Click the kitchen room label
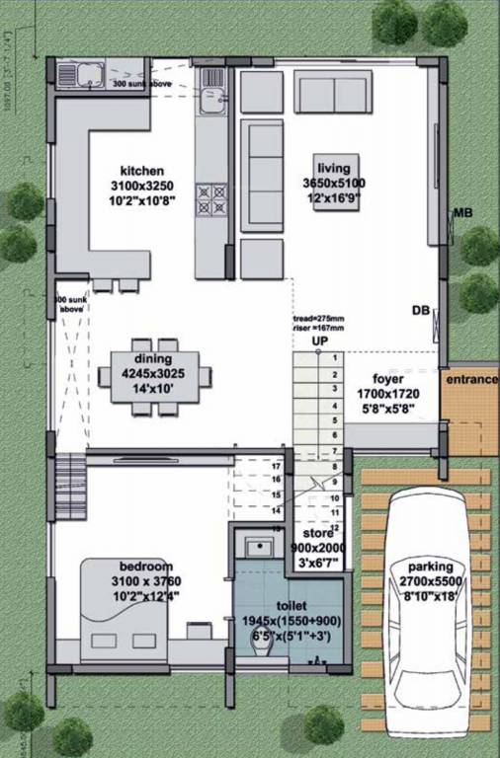[x=142, y=171]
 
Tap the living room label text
[x=333, y=168]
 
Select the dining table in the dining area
[x=154, y=376]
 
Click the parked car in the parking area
[x=428, y=602]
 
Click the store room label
[x=317, y=536]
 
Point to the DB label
[x=420, y=311]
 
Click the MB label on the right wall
[x=462, y=212]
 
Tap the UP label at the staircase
[x=319, y=342]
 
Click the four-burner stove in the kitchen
[x=210, y=198]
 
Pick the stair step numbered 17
[x=278, y=465]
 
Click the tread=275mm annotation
[x=318, y=319]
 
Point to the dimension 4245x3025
[x=152, y=375]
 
